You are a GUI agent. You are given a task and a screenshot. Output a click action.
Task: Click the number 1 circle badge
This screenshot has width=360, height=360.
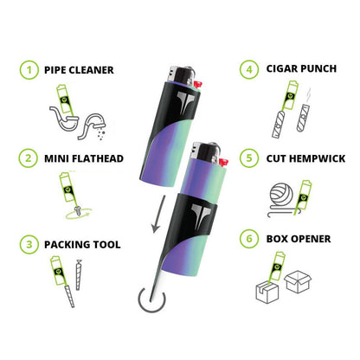click(28, 68)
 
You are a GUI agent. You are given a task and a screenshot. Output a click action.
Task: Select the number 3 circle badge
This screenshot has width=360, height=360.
click(28, 245)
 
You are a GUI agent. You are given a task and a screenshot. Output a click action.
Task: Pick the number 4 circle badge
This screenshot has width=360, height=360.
click(249, 68)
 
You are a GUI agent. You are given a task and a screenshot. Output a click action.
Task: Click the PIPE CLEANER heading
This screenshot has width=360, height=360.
click(80, 69)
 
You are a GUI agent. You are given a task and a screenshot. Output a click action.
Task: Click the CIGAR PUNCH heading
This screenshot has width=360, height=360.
click(303, 69)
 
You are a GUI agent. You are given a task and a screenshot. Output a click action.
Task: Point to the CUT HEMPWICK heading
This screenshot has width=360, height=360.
click(305, 157)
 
